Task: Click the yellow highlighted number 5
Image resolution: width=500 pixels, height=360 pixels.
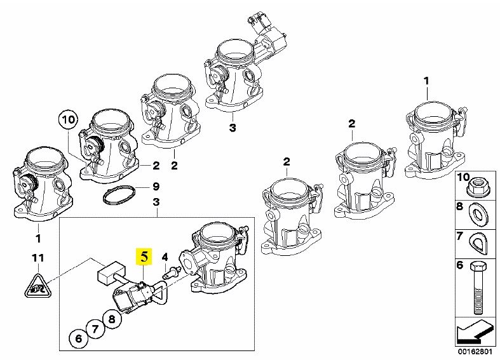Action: [145, 257]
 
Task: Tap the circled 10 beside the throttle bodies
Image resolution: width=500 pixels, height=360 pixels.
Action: [68, 119]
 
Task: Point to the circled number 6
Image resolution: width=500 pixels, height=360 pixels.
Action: [78, 338]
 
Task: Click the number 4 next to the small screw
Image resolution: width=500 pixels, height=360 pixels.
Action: [165, 257]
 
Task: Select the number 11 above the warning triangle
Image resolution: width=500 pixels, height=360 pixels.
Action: [38, 258]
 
